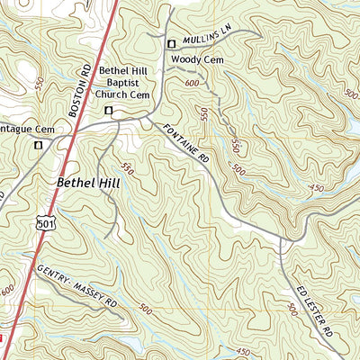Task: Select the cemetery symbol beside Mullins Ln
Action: click(170, 43)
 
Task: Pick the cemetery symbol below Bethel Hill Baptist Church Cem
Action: click(109, 110)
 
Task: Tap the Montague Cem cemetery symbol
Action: click(38, 144)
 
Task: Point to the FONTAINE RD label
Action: click(185, 144)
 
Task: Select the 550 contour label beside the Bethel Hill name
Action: click(127, 169)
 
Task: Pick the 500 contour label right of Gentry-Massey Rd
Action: click(146, 308)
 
